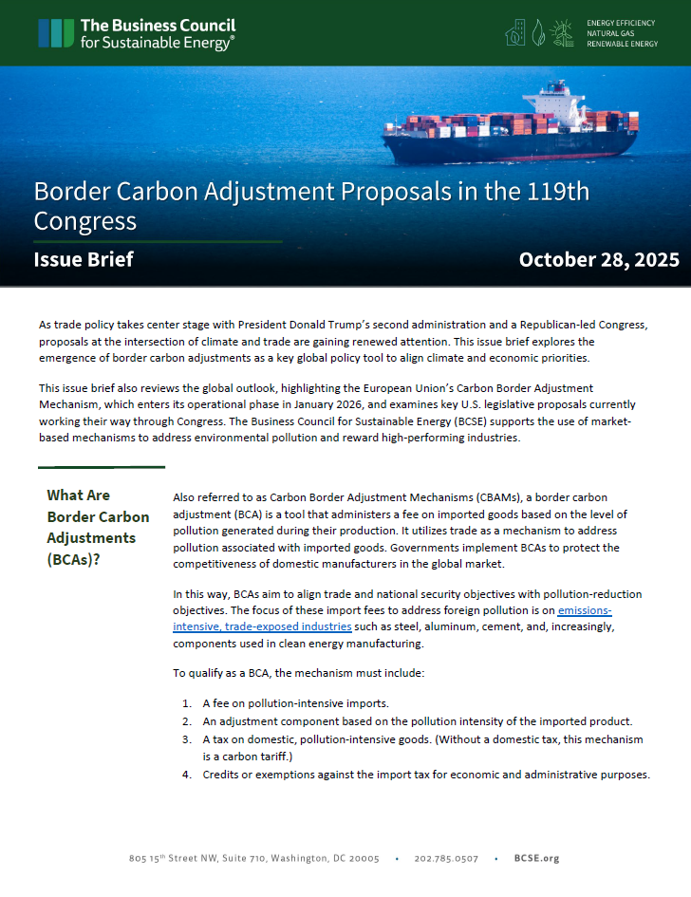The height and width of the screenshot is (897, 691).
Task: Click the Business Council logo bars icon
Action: pyautogui.click(x=56, y=32)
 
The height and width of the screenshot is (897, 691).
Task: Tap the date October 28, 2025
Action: pyautogui.click(x=599, y=259)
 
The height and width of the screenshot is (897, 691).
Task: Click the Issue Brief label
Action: pyautogui.click(x=84, y=259)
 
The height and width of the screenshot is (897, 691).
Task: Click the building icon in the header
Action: pyautogui.click(x=515, y=33)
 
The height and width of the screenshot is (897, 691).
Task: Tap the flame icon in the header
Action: pyautogui.click(x=539, y=33)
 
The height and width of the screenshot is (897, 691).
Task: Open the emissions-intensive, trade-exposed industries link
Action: pyautogui.click(x=261, y=626)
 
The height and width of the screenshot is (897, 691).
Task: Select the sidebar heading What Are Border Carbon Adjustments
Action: pyautogui.click(x=98, y=527)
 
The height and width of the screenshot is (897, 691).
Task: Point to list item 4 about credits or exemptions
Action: pyautogui.click(x=425, y=775)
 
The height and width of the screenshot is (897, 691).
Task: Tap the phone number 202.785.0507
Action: pyautogui.click(x=446, y=858)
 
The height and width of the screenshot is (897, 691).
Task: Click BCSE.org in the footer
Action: pyautogui.click(x=536, y=858)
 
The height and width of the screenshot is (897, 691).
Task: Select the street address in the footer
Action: pyautogui.click(x=253, y=858)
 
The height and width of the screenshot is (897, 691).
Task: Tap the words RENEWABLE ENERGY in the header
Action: pyautogui.click(x=622, y=44)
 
